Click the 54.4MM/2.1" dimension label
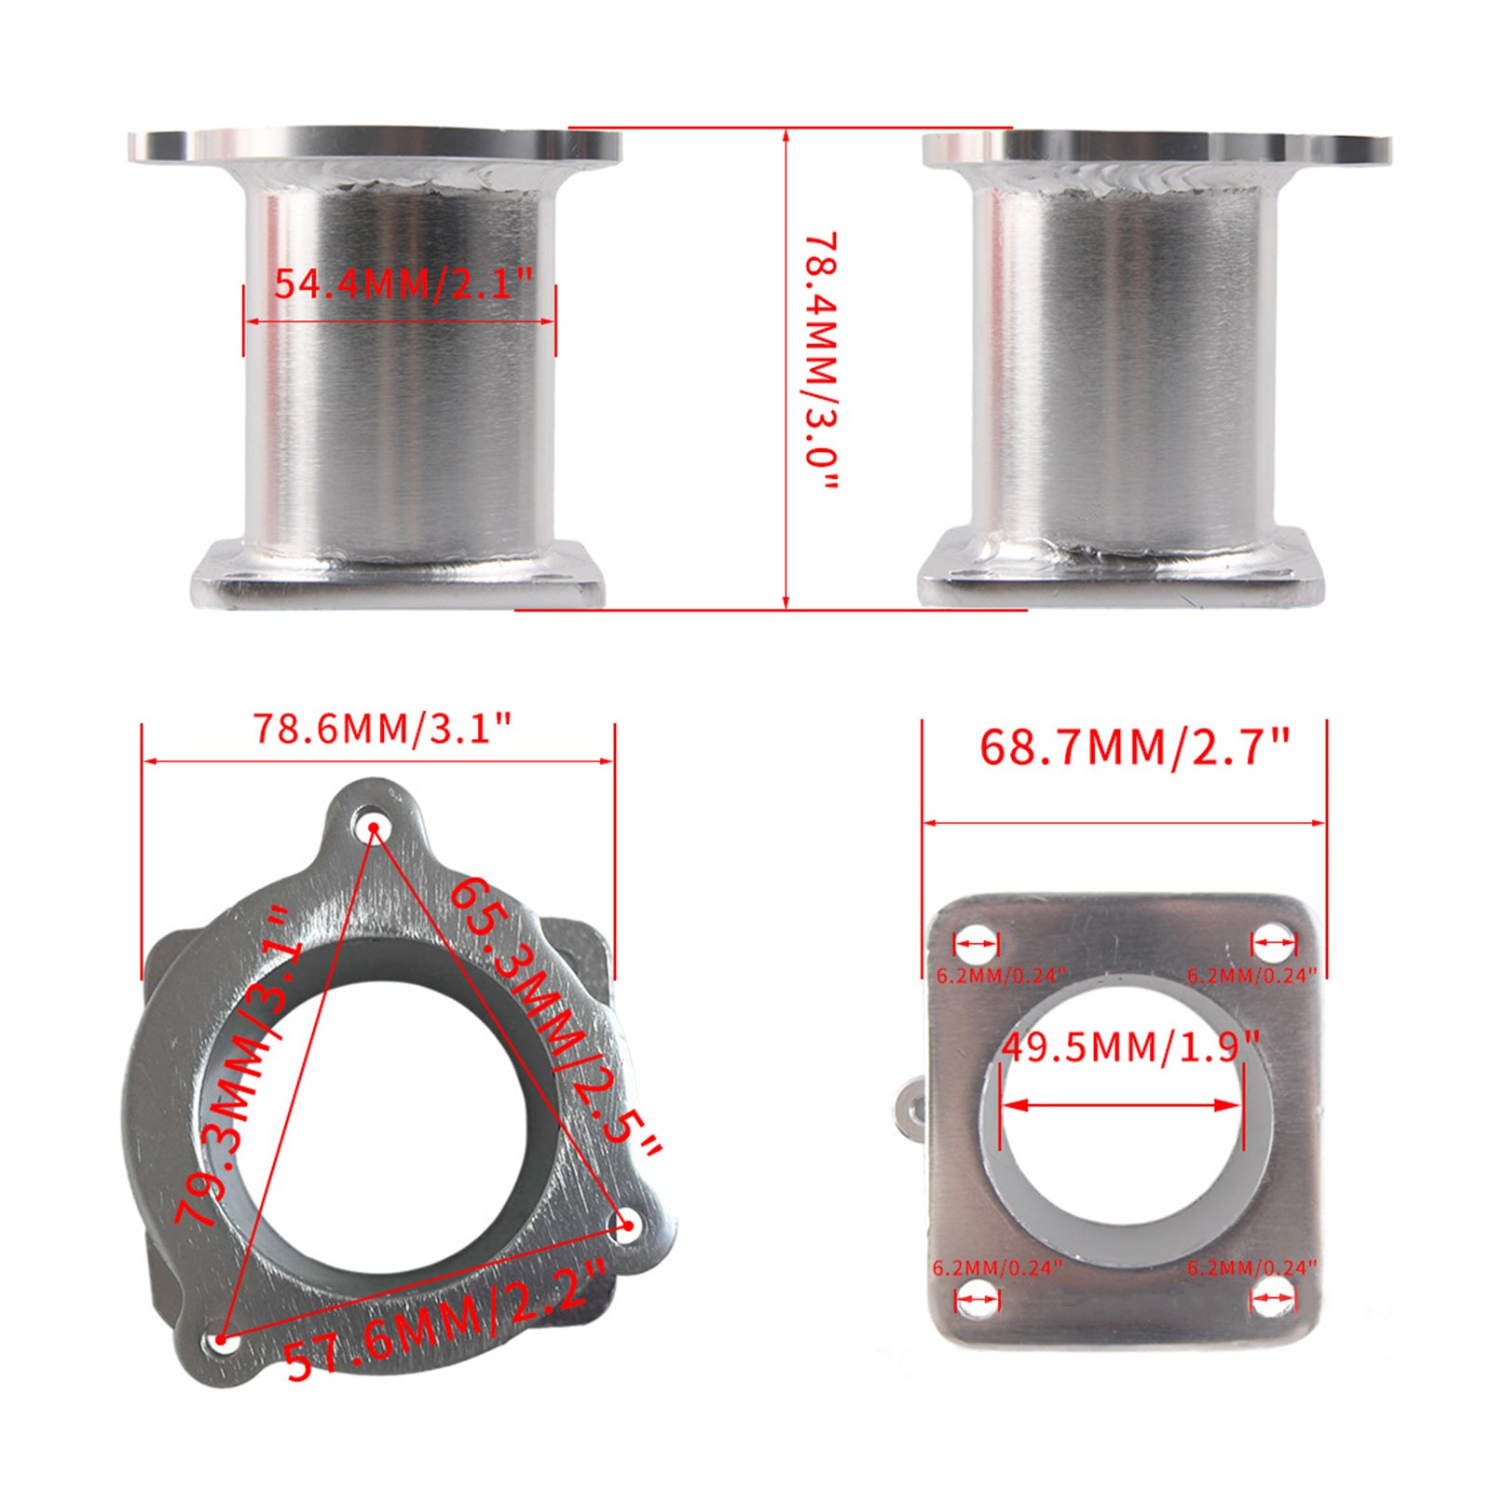[x=402, y=281]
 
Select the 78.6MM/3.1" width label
[x=383, y=729]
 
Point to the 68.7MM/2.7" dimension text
[x=1134, y=747]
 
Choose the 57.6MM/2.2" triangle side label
[x=445, y=1318]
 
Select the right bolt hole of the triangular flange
[x=627, y=1225]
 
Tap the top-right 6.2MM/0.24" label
[x=1251, y=976]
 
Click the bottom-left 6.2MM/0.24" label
[x=997, y=1267]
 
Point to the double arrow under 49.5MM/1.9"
[x=1122, y=1105]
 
